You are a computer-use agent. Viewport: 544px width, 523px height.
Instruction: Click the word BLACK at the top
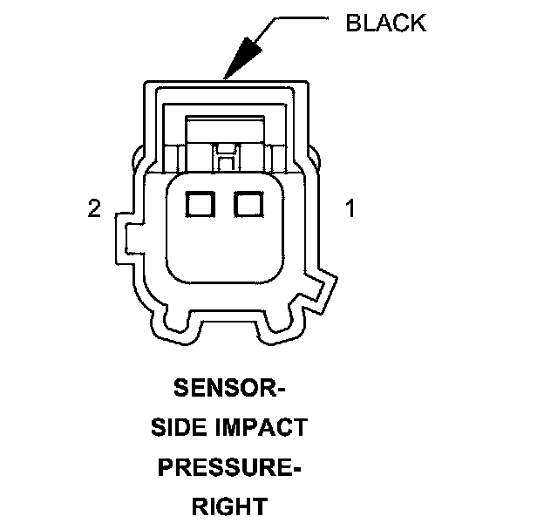click(386, 23)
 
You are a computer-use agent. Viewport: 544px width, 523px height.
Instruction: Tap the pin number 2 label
click(94, 209)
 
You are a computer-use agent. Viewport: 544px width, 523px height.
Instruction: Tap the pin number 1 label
click(350, 209)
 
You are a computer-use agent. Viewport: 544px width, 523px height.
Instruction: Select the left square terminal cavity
click(201, 205)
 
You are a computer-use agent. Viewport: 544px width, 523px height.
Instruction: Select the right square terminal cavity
click(248, 205)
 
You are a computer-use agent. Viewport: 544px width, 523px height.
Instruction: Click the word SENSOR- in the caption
click(229, 386)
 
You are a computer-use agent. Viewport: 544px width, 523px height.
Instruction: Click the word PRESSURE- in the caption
click(229, 467)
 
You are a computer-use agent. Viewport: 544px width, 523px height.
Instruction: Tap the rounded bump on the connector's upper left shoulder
click(139, 160)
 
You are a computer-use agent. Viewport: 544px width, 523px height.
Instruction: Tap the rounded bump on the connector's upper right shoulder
click(315, 160)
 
